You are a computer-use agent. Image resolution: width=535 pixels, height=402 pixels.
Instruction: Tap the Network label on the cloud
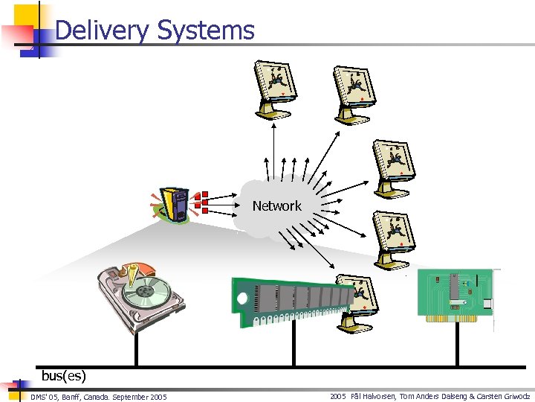pyautogui.click(x=276, y=205)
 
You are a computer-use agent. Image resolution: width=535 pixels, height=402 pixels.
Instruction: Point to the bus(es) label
pyautogui.click(x=64, y=376)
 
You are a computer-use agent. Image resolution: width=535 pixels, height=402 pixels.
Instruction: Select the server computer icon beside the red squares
pyautogui.click(x=176, y=205)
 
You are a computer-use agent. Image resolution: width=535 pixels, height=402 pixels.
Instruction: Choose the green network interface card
pyautogui.click(x=455, y=296)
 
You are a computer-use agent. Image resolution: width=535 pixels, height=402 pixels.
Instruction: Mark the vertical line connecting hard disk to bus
pyautogui.click(x=135, y=350)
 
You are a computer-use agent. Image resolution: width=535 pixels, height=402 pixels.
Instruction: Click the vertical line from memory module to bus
pyautogui.click(x=294, y=346)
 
